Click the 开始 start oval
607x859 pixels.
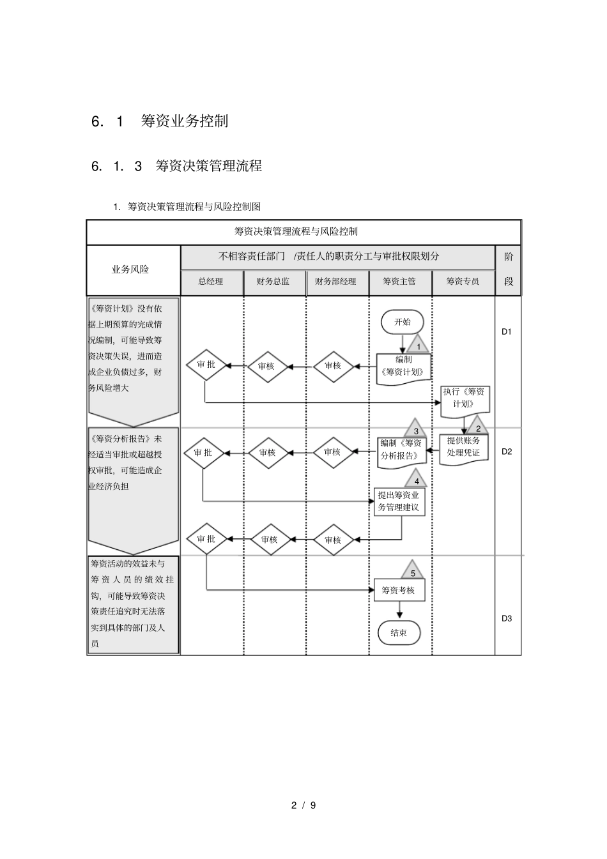point(403,322)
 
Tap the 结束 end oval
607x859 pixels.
point(399,633)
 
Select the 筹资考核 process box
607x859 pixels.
point(399,590)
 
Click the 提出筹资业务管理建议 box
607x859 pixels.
point(399,501)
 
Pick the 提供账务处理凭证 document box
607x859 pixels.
point(464,447)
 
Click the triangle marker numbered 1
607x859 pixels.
point(418,346)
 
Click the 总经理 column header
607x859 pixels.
point(211,281)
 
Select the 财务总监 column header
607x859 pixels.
point(273,281)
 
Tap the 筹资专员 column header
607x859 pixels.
point(463,281)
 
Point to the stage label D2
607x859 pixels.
point(507,452)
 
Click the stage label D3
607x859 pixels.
point(507,618)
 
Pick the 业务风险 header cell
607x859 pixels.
point(130,270)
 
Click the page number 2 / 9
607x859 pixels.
point(304,805)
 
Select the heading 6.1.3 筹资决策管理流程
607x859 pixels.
point(177,166)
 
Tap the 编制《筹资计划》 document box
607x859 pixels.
point(403,367)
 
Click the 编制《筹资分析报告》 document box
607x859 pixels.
point(401,450)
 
